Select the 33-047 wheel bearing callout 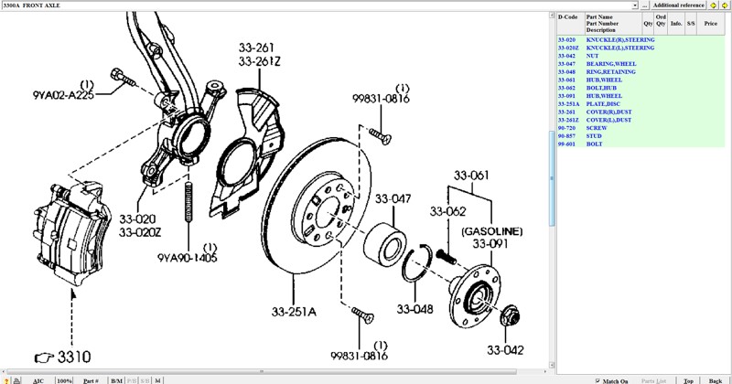(x=394, y=198)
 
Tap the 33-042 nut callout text (x=505, y=349)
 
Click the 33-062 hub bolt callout (x=448, y=212)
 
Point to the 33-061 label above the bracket (x=473, y=176)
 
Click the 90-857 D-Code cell (x=566, y=136)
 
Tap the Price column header (x=710, y=24)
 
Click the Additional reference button (x=678, y=5)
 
